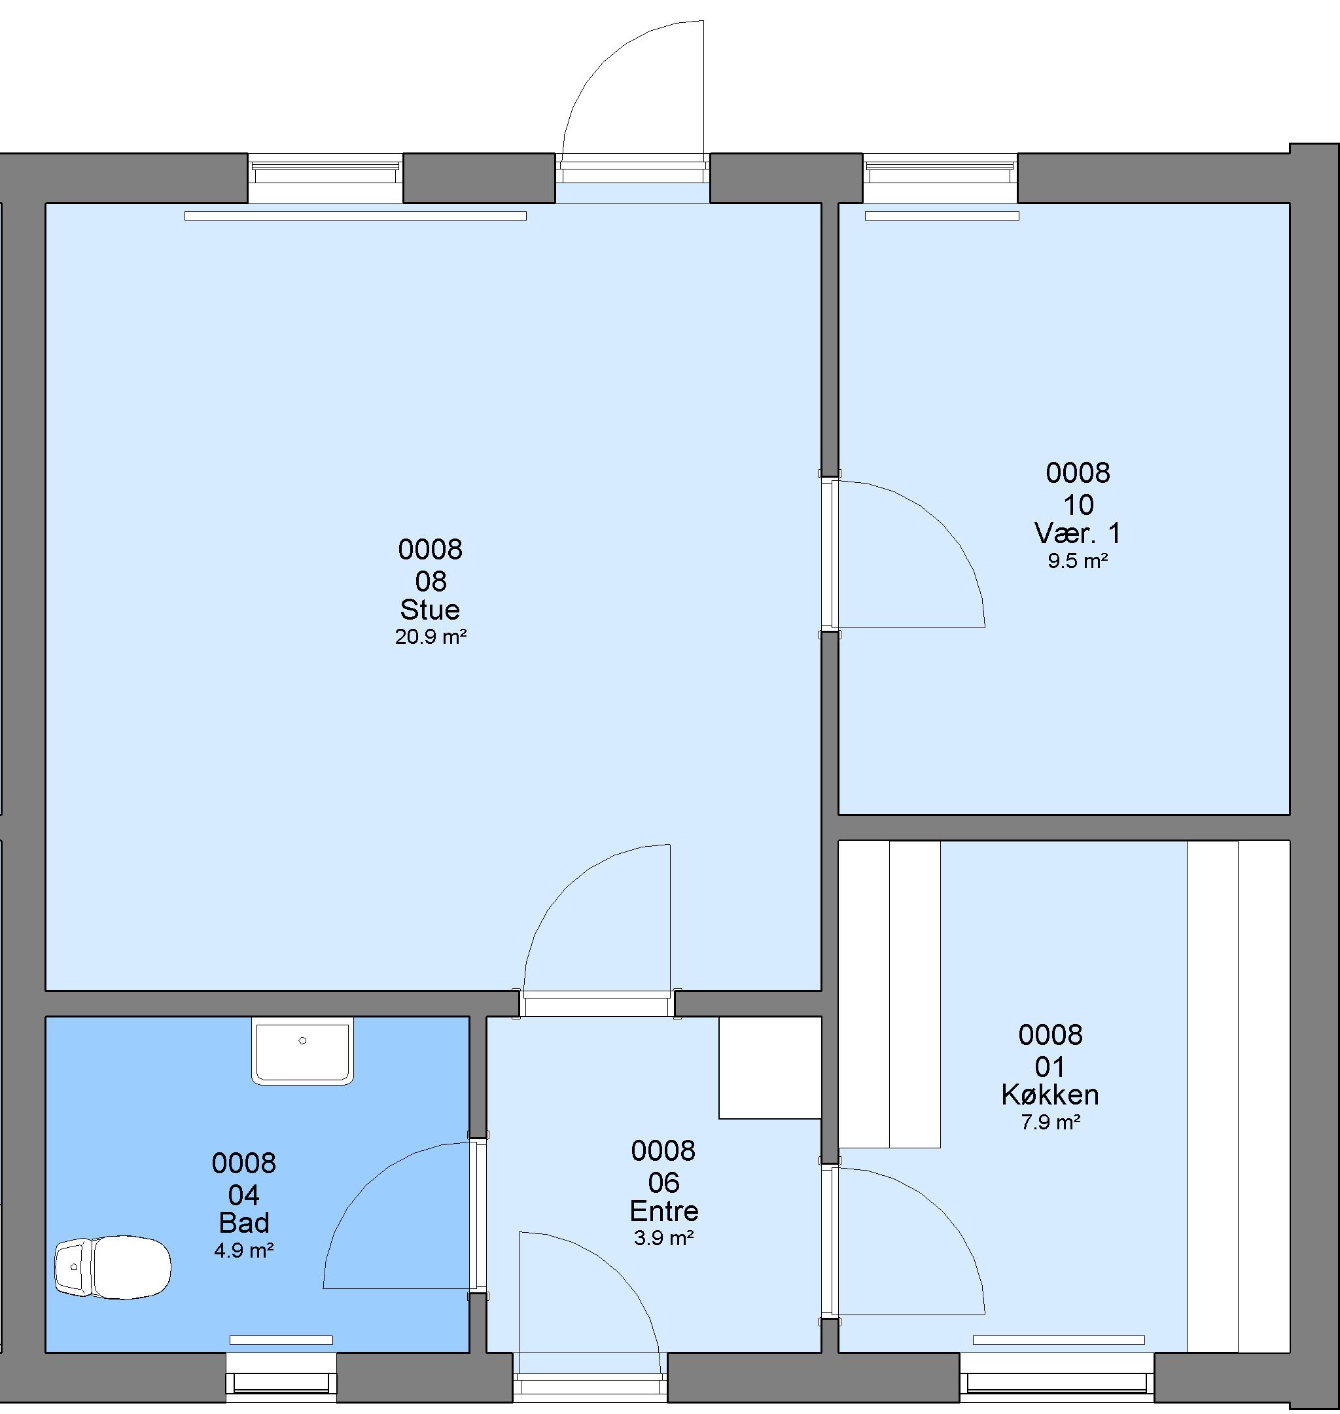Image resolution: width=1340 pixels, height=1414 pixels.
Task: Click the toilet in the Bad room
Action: coord(113,1267)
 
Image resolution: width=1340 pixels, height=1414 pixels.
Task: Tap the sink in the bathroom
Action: coord(303,1050)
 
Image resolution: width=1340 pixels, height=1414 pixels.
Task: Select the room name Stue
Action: coord(430,609)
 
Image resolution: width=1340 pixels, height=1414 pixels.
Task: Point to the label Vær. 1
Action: coord(1078,533)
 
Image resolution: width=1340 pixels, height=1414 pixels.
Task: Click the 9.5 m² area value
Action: coord(1078,561)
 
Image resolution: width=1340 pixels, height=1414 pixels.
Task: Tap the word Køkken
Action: coord(1050,1095)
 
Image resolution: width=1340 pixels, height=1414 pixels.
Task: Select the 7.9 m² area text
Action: coord(1050,1123)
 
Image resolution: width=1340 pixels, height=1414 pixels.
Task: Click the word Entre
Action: coord(663,1211)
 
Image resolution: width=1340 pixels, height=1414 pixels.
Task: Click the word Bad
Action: coord(243,1224)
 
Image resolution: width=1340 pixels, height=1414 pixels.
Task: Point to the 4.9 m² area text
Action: coord(243,1250)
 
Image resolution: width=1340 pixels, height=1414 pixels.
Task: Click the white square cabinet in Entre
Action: coord(770,1068)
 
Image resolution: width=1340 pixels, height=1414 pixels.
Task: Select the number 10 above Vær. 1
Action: coord(1078,505)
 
